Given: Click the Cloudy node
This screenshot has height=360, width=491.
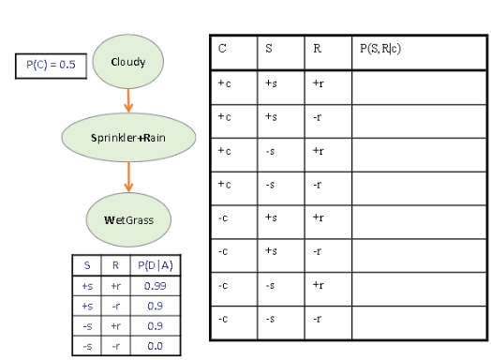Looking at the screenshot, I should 128,62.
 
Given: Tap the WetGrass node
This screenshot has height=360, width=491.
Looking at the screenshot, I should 128,219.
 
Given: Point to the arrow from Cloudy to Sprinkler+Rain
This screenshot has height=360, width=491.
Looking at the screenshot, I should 128,100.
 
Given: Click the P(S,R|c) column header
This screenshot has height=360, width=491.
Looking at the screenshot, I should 417,51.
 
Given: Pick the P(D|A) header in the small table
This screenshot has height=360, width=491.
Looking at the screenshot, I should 156,265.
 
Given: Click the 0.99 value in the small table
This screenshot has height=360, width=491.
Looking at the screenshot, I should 156,285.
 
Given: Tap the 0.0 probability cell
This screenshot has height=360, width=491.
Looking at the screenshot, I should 156,346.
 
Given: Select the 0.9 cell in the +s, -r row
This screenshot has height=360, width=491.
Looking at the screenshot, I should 156,306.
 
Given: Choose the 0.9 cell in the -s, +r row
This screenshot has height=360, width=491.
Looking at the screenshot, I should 156,325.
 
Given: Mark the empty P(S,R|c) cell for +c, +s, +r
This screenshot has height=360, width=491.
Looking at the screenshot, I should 417,85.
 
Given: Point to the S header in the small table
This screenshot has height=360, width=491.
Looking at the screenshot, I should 87,265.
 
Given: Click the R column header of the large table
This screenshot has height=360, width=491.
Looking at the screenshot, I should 328,51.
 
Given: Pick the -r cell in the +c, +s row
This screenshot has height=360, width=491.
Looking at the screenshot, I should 328,119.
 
